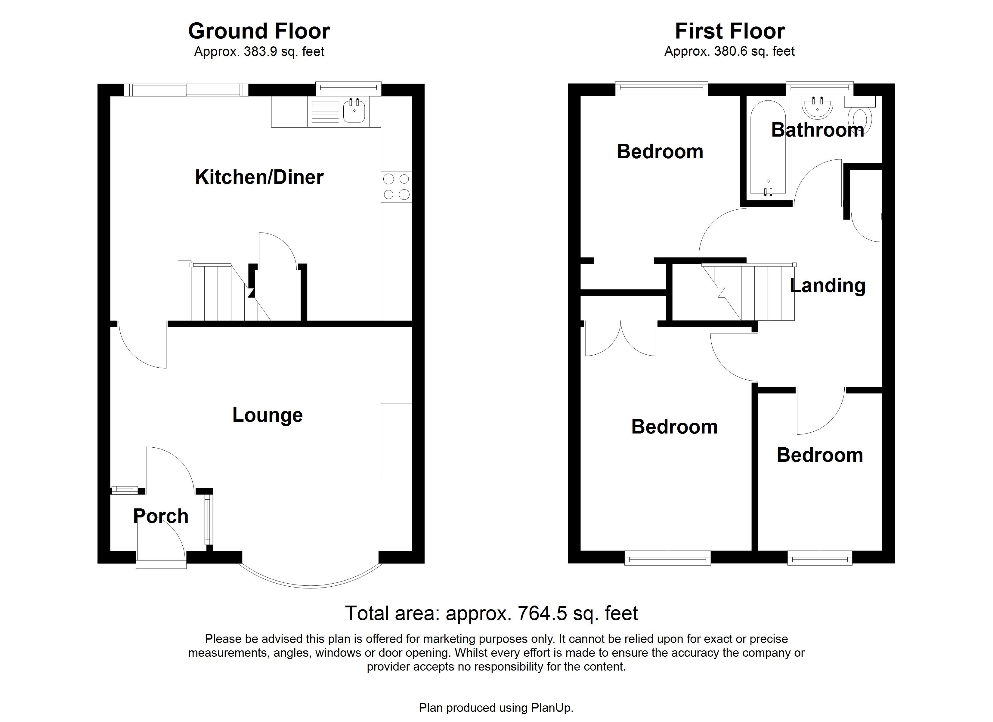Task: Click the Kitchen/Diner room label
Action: coord(259,177)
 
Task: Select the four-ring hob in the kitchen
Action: coord(396,187)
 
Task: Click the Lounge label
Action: coord(267,415)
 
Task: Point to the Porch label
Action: coord(161,516)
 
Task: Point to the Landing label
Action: coord(827,285)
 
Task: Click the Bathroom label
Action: coord(817,130)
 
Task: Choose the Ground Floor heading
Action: coord(259,31)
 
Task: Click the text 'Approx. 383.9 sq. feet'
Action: coord(259,52)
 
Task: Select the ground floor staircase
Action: coord(219,292)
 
